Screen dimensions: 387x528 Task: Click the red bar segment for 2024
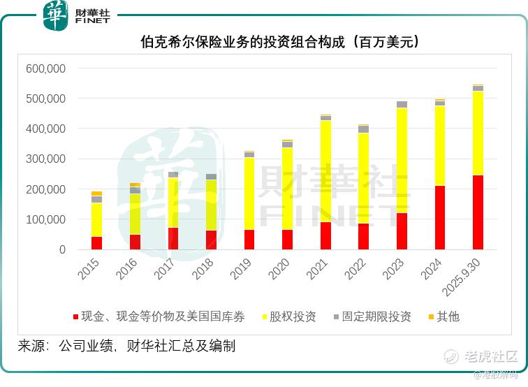[440, 217]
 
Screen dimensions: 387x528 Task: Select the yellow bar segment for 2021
[325, 171]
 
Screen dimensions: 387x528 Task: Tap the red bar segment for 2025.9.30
[478, 212]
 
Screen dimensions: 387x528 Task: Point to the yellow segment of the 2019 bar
[249, 193]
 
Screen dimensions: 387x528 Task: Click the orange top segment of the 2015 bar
[96, 193]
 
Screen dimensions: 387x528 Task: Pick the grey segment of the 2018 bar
[211, 177]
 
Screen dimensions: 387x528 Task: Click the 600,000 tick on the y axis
[45, 68]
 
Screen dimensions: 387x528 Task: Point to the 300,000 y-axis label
[45, 159]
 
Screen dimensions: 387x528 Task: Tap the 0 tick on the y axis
[62, 249]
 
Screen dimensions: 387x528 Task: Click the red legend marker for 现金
[75, 317]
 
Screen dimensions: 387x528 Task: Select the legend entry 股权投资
[289, 317]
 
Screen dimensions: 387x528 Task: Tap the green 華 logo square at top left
[56, 15]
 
